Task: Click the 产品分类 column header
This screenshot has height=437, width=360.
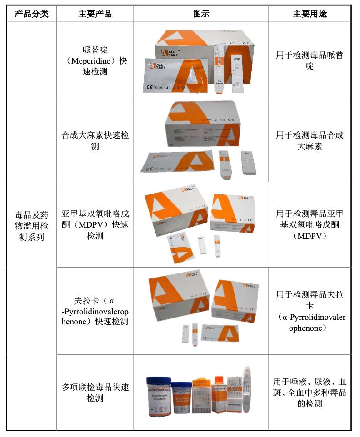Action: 31,14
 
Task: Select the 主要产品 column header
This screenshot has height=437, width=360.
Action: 95,14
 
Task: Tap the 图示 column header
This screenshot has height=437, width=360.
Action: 201,14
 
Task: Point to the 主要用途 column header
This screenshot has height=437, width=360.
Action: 310,14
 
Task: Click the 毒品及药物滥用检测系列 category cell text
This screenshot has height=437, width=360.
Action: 31,225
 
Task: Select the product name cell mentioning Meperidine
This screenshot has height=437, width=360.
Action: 95,60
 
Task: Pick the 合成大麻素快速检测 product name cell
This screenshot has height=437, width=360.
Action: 95,141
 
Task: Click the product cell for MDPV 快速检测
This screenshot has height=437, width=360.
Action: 95,225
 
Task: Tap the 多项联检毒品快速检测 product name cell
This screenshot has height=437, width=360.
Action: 95,392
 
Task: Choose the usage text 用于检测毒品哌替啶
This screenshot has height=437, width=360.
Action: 310,60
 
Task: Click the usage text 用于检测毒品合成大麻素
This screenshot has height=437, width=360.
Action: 310,141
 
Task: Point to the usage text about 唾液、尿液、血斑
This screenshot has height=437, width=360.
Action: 310,392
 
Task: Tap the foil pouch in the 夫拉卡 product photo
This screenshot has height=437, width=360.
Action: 220,334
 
